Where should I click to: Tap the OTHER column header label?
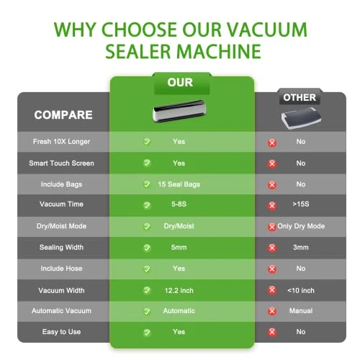tap(300, 97)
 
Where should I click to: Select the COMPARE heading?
tap(63, 114)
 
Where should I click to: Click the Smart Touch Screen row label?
tap(63, 163)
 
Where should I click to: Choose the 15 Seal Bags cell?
tap(179, 184)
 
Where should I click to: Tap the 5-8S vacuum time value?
tap(179, 205)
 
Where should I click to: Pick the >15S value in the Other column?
tap(301, 205)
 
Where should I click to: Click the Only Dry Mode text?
tap(301, 226)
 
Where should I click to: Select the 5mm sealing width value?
tap(179, 247)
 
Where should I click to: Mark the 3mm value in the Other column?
tap(301, 247)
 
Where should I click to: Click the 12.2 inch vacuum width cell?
tap(179, 289)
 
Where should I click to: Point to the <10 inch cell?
tap(301, 289)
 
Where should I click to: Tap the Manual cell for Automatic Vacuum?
tap(301, 311)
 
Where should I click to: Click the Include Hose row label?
tap(63, 269)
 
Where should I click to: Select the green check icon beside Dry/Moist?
tap(146, 226)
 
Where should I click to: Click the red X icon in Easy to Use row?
tap(272, 333)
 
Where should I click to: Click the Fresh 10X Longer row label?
tap(63, 142)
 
